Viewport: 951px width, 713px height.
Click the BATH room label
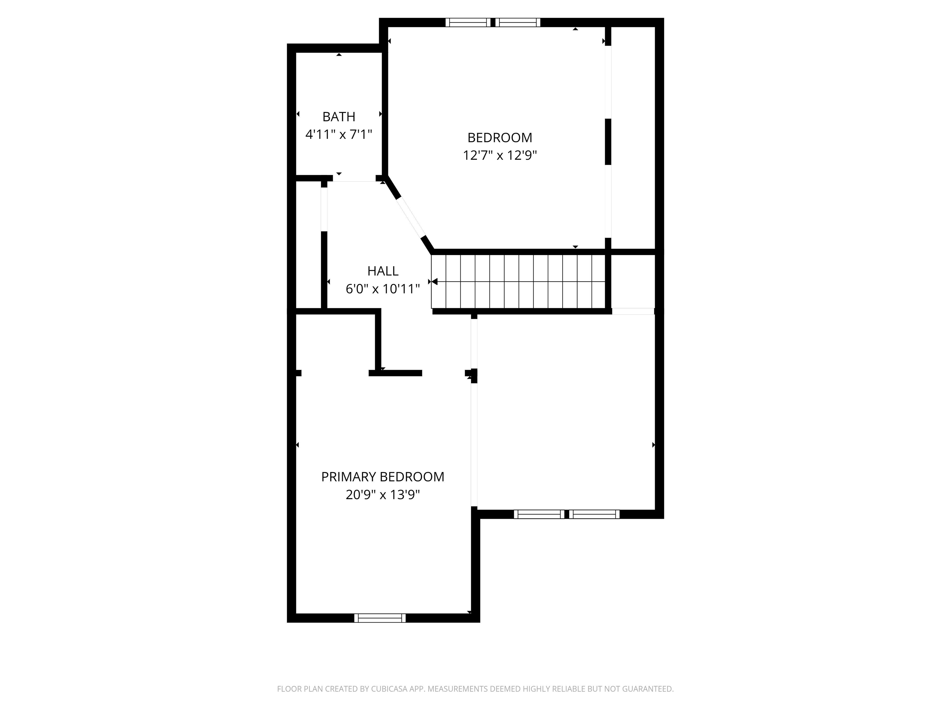tap(339, 116)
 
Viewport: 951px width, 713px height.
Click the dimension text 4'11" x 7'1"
tap(338, 135)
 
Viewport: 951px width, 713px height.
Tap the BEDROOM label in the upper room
tap(500, 137)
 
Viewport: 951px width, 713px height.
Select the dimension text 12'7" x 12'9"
tap(500, 155)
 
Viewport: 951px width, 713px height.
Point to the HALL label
tap(383, 271)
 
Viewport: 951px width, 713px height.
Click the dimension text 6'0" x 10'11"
tap(383, 289)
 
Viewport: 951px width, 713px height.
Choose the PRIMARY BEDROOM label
tap(383, 477)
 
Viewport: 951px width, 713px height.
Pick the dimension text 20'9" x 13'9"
tap(383, 495)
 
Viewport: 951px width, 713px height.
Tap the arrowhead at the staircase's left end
tap(434, 282)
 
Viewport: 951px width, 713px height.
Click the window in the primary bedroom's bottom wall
tap(380, 618)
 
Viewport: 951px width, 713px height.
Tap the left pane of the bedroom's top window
tap(467, 22)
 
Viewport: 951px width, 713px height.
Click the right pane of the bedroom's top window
tap(518, 22)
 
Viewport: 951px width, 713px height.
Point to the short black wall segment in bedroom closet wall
tap(608, 141)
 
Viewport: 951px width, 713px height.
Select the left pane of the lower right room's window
tap(539, 514)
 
